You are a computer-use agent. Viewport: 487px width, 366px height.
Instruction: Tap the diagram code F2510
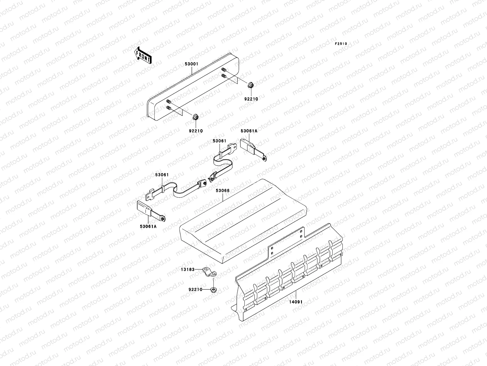pyautogui.click(x=341, y=44)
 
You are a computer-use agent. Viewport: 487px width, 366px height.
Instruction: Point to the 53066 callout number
pyautogui.click(x=223, y=191)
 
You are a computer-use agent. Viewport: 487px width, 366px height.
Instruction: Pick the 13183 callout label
pyautogui.click(x=195, y=270)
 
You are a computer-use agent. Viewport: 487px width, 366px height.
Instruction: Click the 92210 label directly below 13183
pyautogui.click(x=195, y=289)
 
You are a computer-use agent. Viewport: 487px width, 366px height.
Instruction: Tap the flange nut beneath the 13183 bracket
pyautogui.click(x=213, y=289)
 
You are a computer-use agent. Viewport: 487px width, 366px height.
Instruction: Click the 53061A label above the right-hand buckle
pyautogui.click(x=249, y=131)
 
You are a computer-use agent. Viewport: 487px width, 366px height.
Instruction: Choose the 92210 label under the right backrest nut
pyautogui.click(x=251, y=99)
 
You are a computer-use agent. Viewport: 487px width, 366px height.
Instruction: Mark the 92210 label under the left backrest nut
pyautogui.click(x=195, y=131)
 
